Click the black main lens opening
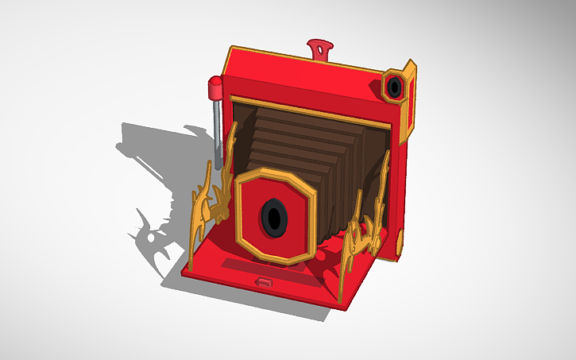click(x=274, y=216)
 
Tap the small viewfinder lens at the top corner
click(x=394, y=87)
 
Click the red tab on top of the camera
click(x=320, y=48)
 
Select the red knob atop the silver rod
click(x=215, y=87)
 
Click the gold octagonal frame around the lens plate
click(x=306, y=179)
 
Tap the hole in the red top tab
click(x=321, y=52)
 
